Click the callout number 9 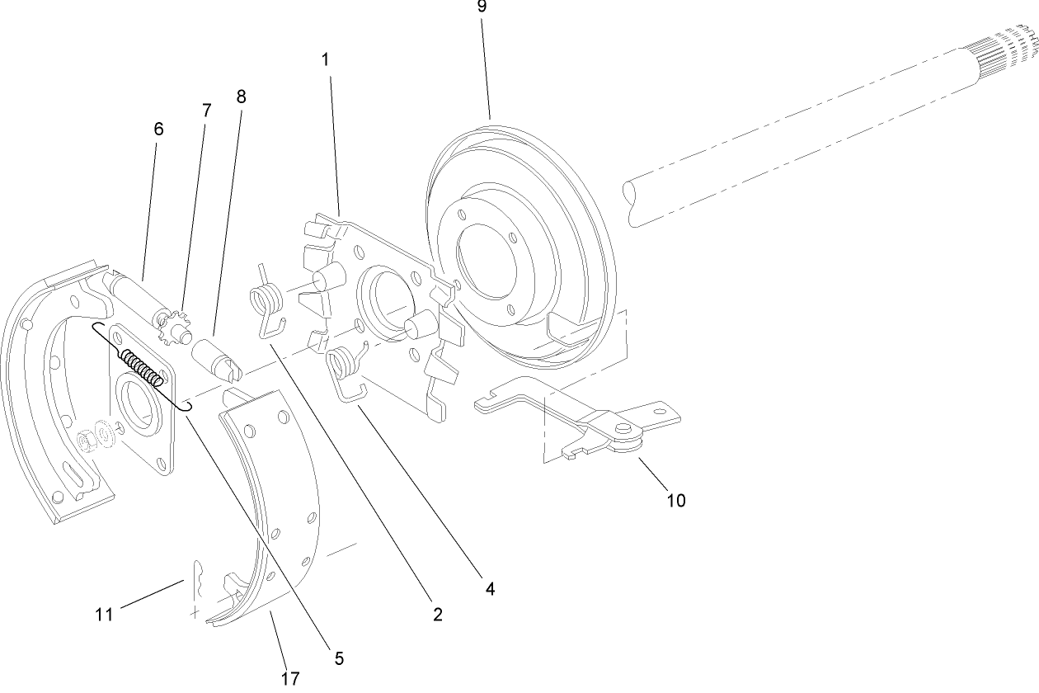tap(482, 7)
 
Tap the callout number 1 tap(326, 60)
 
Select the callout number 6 tap(158, 129)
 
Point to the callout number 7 tap(206, 110)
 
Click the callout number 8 tap(241, 96)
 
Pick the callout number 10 tap(675, 500)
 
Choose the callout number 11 tap(103, 614)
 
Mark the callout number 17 tap(289, 678)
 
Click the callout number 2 tap(437, 614)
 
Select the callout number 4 tap(490, 589)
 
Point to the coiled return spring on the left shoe tap(142, 367)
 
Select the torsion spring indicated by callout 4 tap(344, 368)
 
